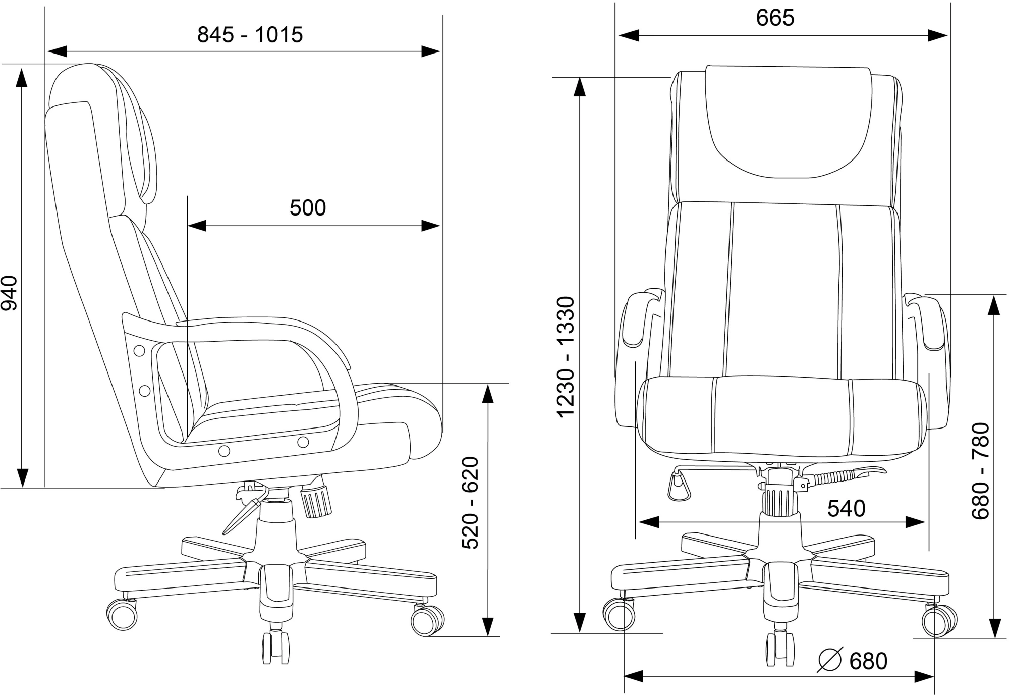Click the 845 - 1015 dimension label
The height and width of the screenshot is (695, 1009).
click(x=250, y=35)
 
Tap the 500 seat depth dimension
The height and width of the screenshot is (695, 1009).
click(x=308, y=208)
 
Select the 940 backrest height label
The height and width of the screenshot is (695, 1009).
click(x=10, y=293)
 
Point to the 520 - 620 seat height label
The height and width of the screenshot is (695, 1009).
click(x=470, y=503)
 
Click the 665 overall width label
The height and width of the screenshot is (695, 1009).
click(x=775, y=18)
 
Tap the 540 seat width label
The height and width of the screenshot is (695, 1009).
click(x=846, y=509)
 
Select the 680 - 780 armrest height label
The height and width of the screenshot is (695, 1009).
click(x=981, y=470)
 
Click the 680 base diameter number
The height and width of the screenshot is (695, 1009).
click(x=868, y=661)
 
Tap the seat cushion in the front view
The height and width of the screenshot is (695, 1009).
click(x=781, y=416)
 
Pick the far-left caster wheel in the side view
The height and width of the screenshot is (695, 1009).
click(x=122, y=614)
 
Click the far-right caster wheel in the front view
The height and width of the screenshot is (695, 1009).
click(x=939, y=621)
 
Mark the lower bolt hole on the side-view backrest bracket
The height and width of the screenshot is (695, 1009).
click(x=144, y=390)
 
